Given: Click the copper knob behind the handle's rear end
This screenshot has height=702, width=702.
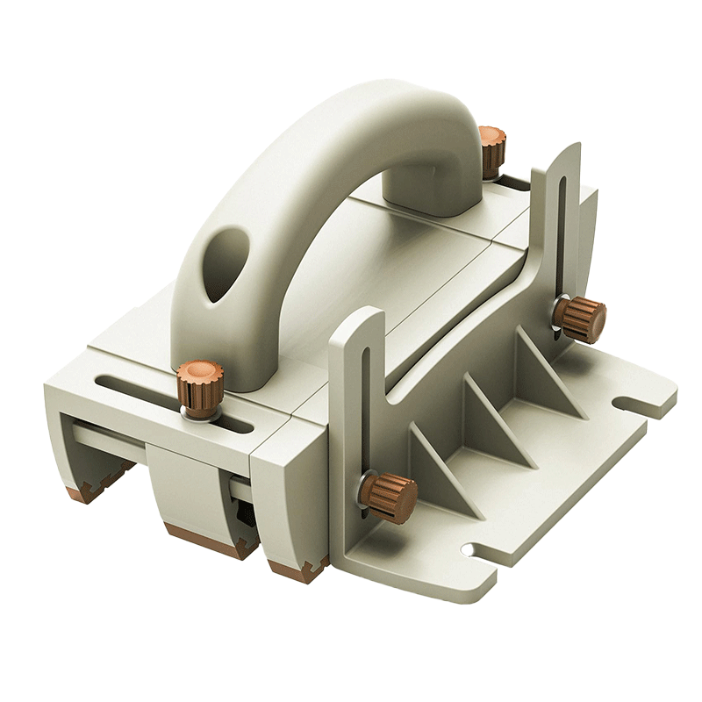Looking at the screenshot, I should click(x=491, y=148).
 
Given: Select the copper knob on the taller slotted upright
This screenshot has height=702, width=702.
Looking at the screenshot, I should click(x=582, y=319).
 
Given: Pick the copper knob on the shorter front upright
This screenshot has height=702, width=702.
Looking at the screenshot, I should click(x=390, y=497).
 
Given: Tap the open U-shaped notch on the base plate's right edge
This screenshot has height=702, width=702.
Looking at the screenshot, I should click(x=635, y=405).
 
